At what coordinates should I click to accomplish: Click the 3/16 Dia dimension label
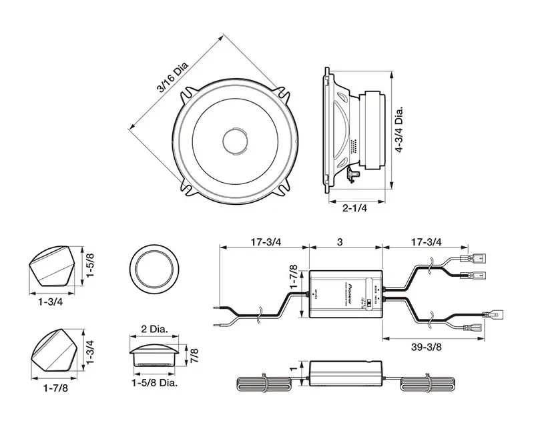click(172, 77)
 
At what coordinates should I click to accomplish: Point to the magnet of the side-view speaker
click(372, 131)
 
